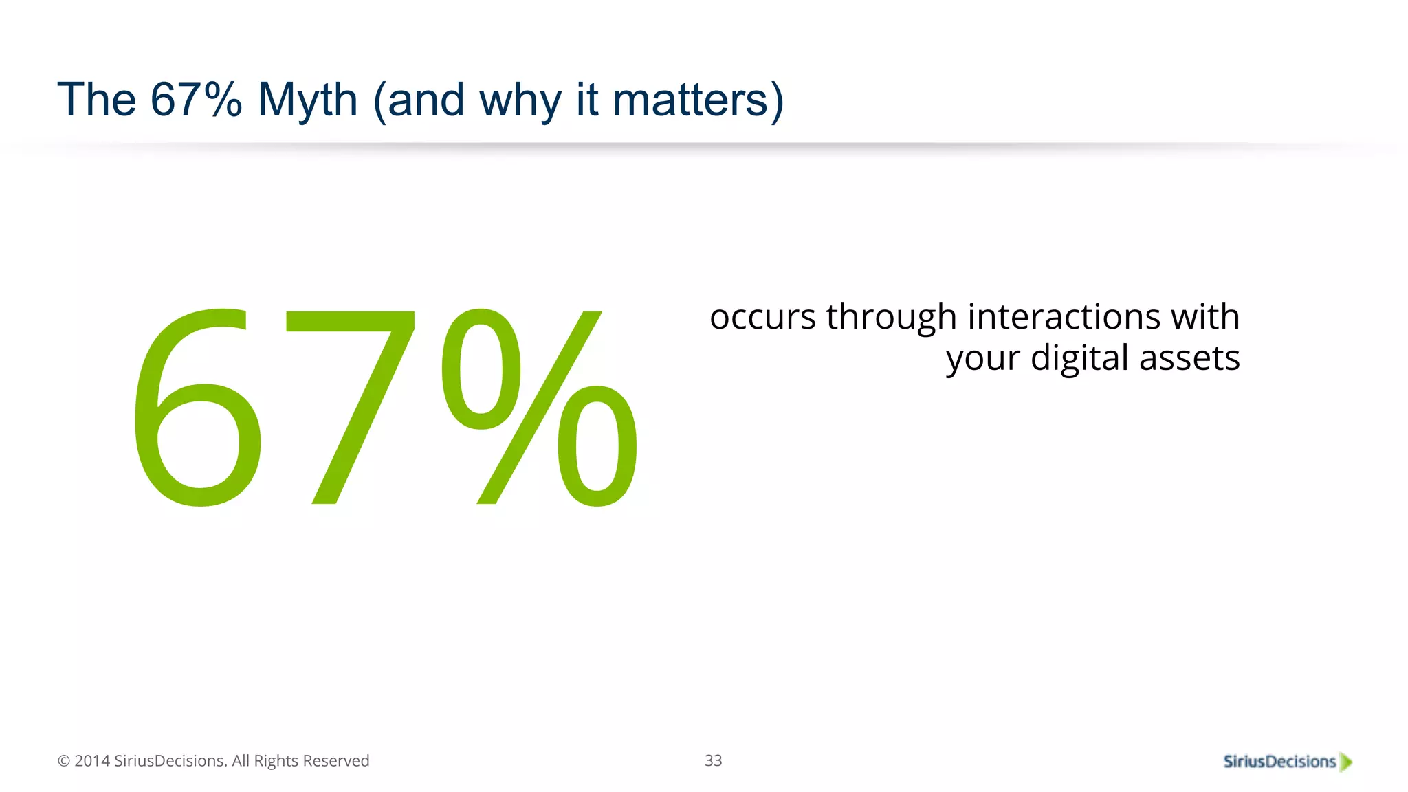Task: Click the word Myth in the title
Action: coord(307,100)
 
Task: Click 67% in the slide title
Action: coord(196,100)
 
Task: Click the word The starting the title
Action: coord(97,100)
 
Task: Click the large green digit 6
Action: coord(198,409)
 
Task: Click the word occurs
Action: coord(762,318)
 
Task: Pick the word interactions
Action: coord(1064,317)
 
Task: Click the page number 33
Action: coord(713,760)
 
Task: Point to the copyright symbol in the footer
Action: coord(64,761)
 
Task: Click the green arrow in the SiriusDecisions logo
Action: coord(1345,762)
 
